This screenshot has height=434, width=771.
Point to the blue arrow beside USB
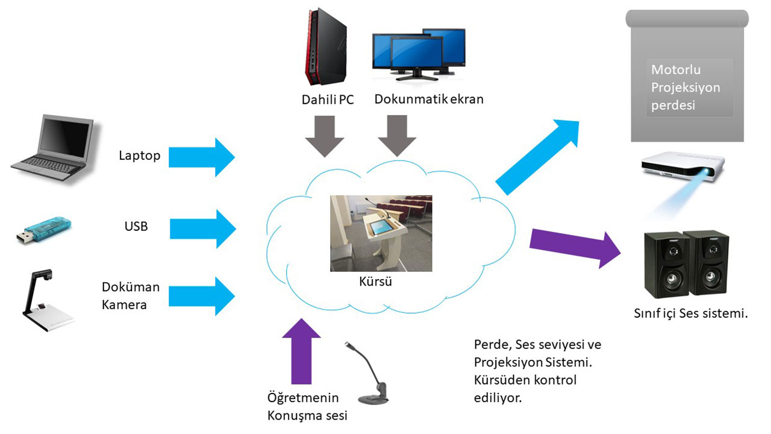pos(202,228)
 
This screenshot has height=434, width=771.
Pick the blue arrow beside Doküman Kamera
pos(201,296)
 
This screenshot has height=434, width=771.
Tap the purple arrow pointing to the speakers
pos(575,244)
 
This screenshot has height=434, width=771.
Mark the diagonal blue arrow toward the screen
pos(536,156)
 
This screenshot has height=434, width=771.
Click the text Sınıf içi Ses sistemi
pos(690,313)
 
